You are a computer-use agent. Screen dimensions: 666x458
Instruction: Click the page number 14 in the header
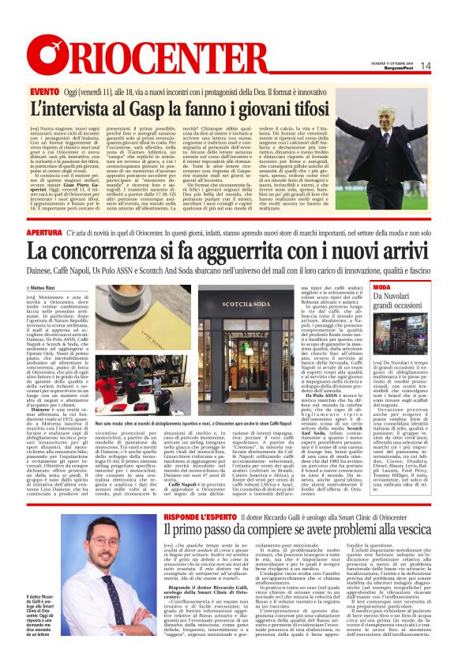point(425,66)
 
